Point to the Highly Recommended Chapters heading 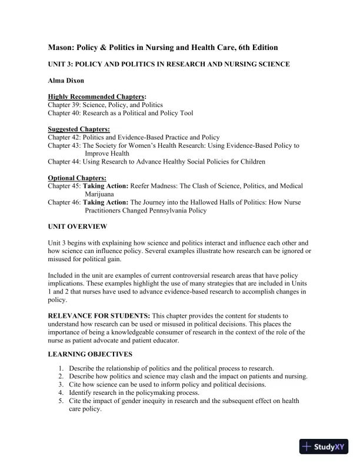pos(97,96)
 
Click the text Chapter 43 pos(66,145)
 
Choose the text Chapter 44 pos(66,161)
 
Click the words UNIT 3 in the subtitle pos(61,64)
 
